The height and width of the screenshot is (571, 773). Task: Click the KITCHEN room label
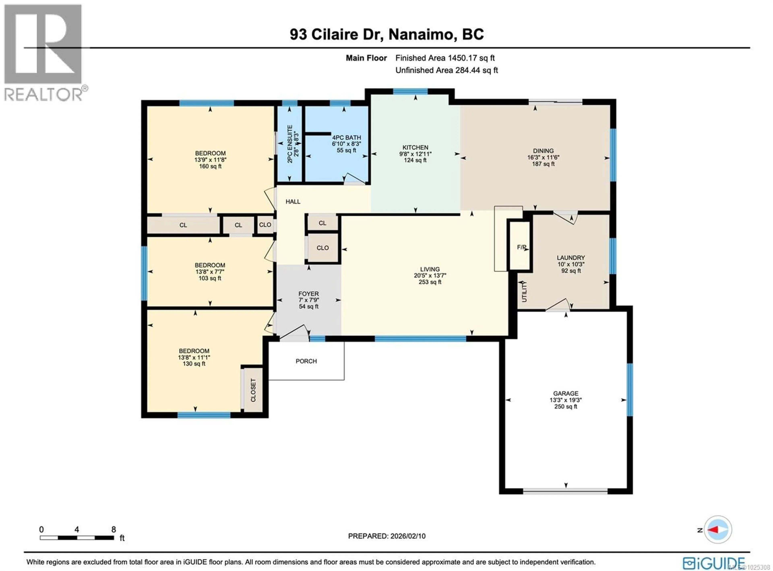(415, 147)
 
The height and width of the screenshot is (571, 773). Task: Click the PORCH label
(306, 361)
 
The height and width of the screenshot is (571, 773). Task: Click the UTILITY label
(524, 292)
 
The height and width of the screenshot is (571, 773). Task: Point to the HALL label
(293, 202)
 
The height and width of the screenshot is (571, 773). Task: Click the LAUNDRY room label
(571, 257)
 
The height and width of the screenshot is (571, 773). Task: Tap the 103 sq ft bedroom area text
(210, 278)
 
